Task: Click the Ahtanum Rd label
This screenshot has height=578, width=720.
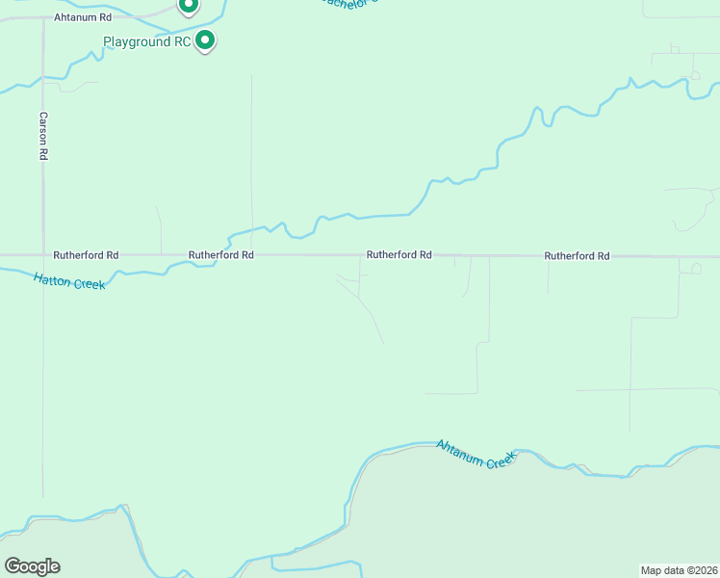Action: coord(84,17)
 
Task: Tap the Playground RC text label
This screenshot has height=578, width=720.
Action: coord(146,42)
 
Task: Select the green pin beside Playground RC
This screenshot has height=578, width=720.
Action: coord(205,40)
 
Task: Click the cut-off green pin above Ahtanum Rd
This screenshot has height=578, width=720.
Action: coord(189,6)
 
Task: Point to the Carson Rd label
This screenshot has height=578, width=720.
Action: coord(43,136)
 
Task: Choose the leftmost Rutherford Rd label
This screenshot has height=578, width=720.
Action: coord(86,255)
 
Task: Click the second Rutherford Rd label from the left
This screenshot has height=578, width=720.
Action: coord(220,255)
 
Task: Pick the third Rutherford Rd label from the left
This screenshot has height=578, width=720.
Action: coord(399,255)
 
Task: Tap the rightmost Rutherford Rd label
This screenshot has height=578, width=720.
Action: coord(577,256)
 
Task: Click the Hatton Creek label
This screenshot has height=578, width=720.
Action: coord(68,281)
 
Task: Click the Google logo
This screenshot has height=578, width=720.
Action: coord(32,566)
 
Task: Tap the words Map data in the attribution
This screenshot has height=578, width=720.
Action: coord(663,569)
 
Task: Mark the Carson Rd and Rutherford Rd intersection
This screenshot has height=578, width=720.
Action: coord(43,255)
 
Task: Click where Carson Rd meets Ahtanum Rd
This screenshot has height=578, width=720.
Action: coord(43,18)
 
